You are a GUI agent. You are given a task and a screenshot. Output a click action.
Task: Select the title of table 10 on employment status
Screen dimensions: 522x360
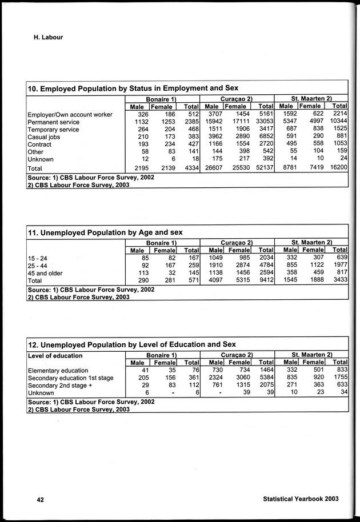133,88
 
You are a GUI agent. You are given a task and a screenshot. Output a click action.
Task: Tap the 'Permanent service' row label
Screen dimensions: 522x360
53,122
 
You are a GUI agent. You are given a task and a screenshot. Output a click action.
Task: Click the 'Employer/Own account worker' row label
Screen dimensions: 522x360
70,115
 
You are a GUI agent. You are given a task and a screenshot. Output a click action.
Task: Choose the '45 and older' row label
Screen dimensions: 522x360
46,274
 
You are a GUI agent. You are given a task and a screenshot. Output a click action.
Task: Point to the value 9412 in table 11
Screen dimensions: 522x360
265,281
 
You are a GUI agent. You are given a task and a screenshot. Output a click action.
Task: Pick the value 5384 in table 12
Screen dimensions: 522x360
265,378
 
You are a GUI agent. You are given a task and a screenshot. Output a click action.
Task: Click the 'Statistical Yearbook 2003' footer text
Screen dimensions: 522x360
301,499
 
